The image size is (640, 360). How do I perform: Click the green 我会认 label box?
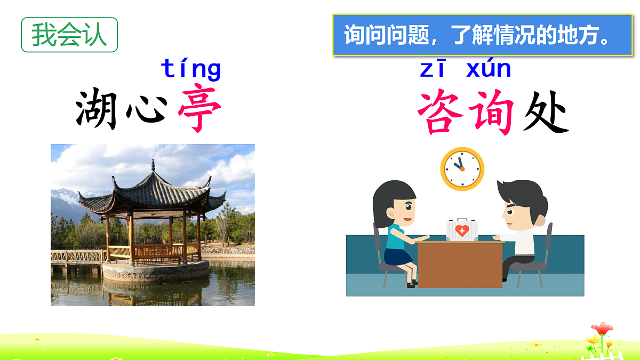click(69, 35)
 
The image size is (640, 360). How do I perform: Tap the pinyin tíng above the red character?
click(190, 69)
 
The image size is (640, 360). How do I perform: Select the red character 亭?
click(199, 111)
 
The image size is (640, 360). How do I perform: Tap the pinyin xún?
click(489, 69)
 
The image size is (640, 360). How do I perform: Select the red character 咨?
click(441, 113)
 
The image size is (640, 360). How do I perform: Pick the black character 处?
click(545, 113)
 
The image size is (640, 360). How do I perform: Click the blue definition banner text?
click(482, 35)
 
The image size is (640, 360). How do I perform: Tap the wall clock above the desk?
click(462, 169)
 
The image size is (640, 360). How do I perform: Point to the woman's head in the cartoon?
click(395, 202)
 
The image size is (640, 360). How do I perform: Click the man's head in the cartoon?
click(521, 203)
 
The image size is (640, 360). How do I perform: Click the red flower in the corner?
click(602, 329)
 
